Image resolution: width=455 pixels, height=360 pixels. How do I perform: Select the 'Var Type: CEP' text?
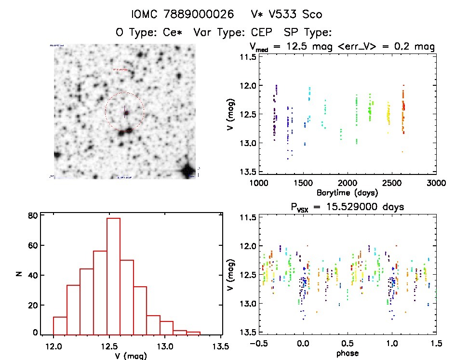pos(227,32)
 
